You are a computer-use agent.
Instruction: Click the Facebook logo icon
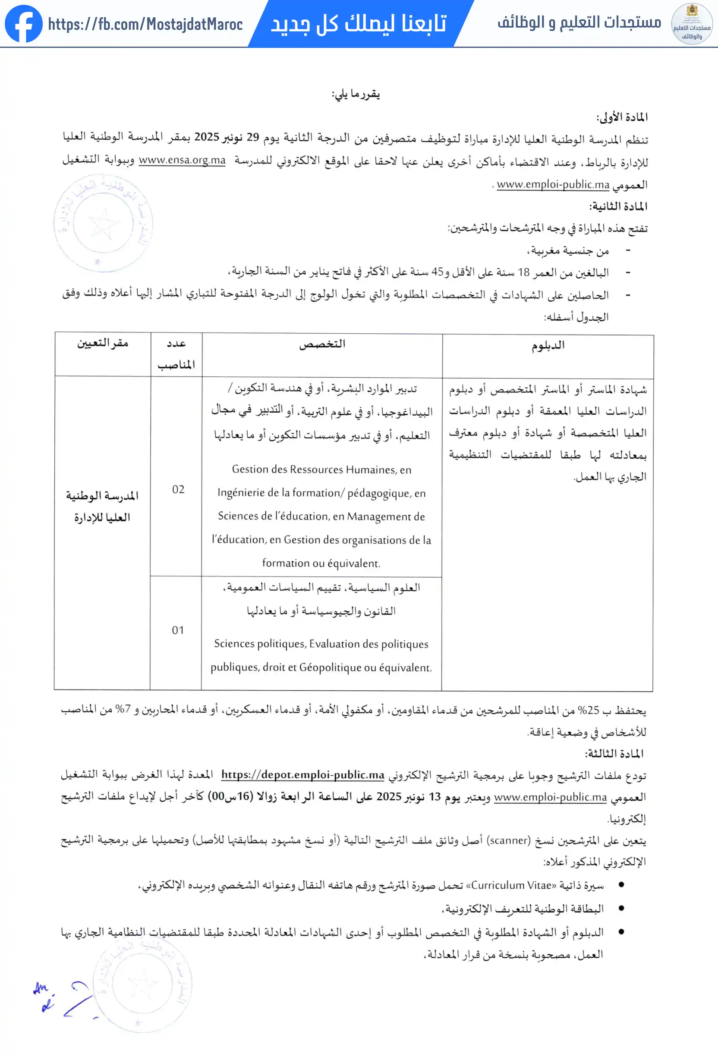click(24, 24)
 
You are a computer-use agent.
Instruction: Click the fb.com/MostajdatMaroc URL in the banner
click(145, 24)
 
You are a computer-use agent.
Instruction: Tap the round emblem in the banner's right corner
click(692, 24)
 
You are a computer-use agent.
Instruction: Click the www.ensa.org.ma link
click(182, 160)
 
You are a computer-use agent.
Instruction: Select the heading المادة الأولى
click(622, 118)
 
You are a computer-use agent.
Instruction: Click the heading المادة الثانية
click(618, 207)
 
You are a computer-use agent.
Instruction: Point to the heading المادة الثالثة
click(614, 754)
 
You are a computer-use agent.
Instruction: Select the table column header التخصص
click(322, 345)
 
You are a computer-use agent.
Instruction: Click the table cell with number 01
click(178, 631)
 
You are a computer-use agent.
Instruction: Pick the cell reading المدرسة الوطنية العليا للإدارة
click(102, 506)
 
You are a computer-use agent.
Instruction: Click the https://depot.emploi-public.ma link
click(303, 775)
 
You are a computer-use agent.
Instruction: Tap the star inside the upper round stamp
click(104, 224)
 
